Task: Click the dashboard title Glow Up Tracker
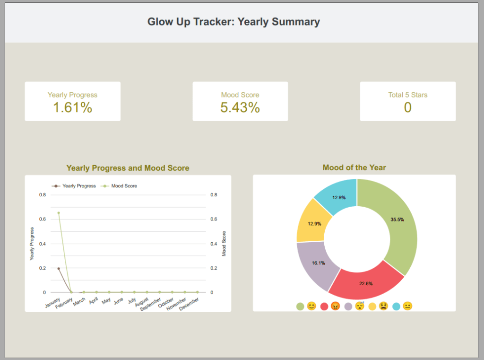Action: pyautogui.click(x=233, y=22)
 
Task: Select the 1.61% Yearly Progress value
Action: pyautogui.click(x=72, y=108)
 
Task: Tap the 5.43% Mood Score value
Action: pyautogui.click(x=240, y=108)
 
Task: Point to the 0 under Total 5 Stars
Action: pyautogui.click(x=407, y=108)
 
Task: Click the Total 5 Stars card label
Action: pyautogui.click(x=407, y=95)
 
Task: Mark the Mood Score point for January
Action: pyautogui.click(x=59, y=213)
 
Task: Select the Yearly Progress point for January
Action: pyautogui.click(x=59, y=268)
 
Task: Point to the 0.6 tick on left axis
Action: pyautogui.click(x=43, y=220)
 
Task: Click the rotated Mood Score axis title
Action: pyautogui.click(x=224, y=244)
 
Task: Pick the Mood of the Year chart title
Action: pyautogui.click(x=354, y=167)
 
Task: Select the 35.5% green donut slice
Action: pyautogui.click(x=397, y=220)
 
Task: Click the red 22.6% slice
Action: pyautogui.click(x=366, y=283)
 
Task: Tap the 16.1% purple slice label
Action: pyautogui.click(x=318, y=263)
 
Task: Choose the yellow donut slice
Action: pyautogui.click(x=310, y=223)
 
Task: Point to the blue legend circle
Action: pyautogui.click(x=396, y=307)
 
